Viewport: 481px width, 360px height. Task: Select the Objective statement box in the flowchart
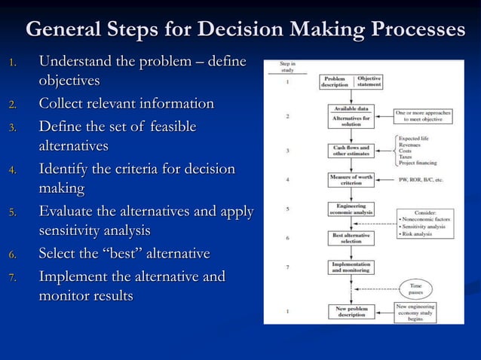coord(369,81)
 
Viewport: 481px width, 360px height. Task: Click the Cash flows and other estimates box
coord(351,150)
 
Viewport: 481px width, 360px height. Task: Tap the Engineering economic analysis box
coord(351,209)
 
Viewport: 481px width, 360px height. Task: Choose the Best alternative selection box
coord(351,239)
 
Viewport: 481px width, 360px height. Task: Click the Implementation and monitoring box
coord(351,267)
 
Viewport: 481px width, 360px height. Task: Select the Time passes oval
coord(415,287)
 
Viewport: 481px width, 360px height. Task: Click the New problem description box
coord(351,310)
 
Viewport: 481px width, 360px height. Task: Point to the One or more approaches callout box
coord(424,116)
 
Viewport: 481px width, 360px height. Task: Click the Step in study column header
coord(287,67)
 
